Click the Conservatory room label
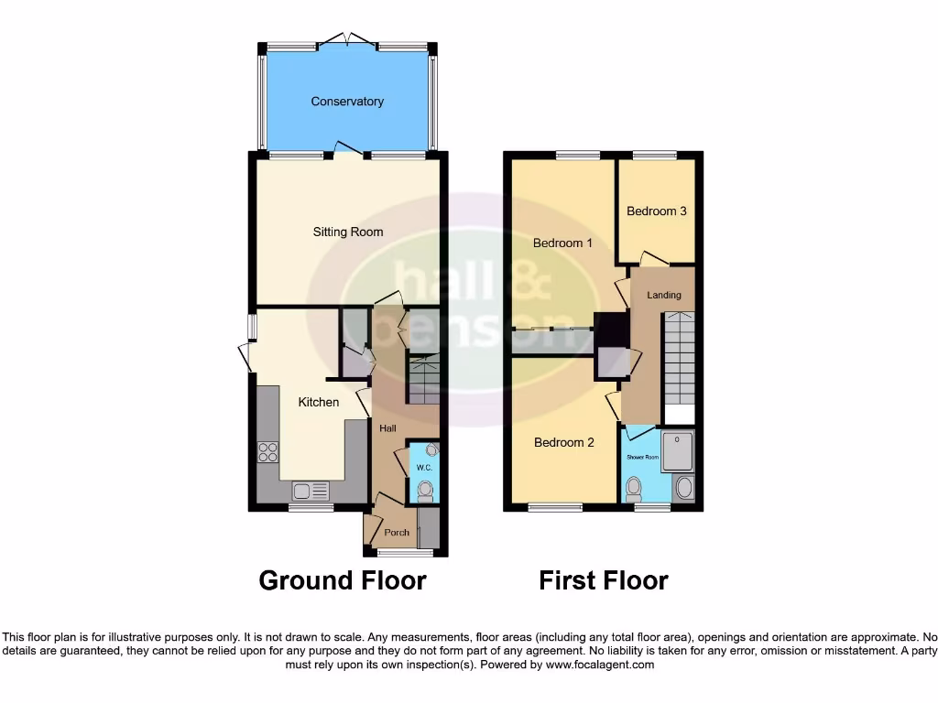346,102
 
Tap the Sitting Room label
348,233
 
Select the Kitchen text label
319,402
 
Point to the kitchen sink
311,492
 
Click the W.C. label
423,468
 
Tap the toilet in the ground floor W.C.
424,492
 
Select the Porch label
397,533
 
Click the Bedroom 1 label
563,243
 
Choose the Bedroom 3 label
657,211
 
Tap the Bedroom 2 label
564,443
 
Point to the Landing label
664,295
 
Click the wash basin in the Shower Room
683,488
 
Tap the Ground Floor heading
343,580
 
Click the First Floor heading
603,580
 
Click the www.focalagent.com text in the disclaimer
600,665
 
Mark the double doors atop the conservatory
346,40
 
